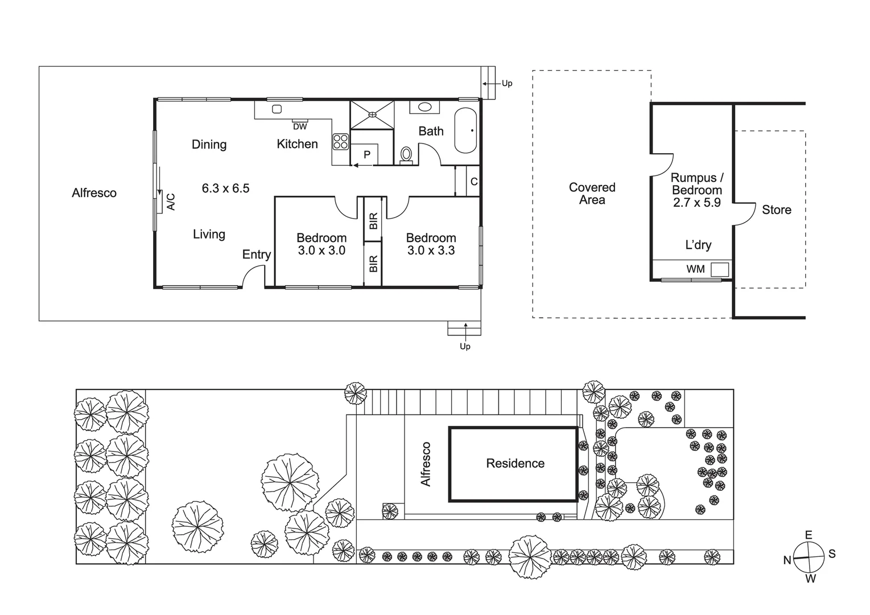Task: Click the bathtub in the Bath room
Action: pos(465,130)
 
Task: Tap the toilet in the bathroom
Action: pos(406,154)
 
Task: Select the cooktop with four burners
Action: pos(340,141)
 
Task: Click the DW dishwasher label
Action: pos(300,126)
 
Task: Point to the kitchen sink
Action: pos(277,109)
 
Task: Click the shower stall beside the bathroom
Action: pos(372,114)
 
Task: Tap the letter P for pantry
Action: pos(367,154)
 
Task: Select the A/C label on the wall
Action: pos(171,202)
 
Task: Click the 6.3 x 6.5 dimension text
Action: pos(225,188)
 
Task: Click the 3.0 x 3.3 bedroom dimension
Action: pos(431,251)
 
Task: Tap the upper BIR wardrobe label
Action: pos(373,221)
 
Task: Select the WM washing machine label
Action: pos(695,269)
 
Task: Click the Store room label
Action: pos(776,210)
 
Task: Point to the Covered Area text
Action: pos(592,194)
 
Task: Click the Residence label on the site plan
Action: pos(515,464)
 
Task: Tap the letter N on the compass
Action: pos(787,560)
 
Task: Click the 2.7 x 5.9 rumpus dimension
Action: pos(696,203)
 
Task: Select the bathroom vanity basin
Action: pos(424,106)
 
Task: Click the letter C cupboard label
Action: pos(473,182)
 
